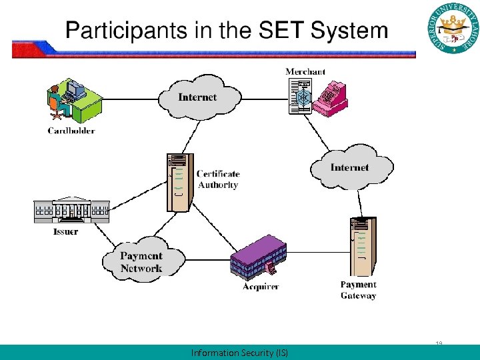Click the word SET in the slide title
pos(281,31)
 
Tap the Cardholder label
pos(71,131)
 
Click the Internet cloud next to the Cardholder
pos(197,97)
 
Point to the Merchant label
pos(305,71)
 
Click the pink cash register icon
pos(330,99)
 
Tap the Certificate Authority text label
pos(217,179)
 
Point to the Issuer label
pos(65,232)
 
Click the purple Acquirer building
pos(258,257)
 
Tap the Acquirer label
pos(261,286)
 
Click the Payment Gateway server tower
pos(361,247)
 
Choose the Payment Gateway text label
pos(358,290)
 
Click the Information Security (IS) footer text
pos(239,353)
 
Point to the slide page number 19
pos(439,343)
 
